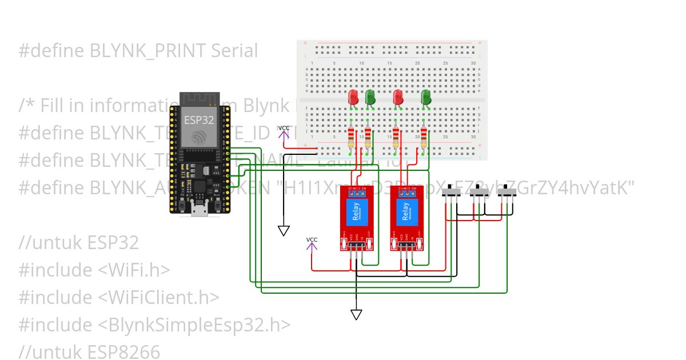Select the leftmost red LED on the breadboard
(x=353, y=98)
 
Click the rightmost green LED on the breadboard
(x=425, y=98)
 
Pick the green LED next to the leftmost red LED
(x=370, y=98)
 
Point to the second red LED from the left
(x=398, y=98)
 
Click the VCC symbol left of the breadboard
(x=284, y=131)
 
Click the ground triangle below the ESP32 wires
(x=284, y=230)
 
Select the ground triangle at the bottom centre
(x=356, y=314)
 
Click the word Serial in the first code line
(x=234, y=51)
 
